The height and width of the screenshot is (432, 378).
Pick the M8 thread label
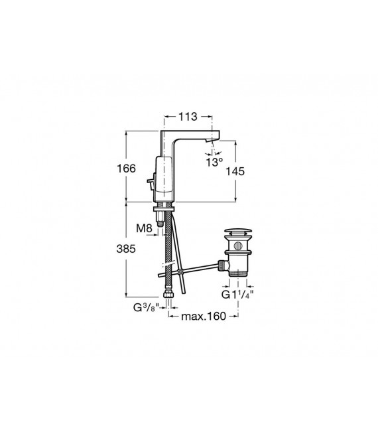(145, 228)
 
